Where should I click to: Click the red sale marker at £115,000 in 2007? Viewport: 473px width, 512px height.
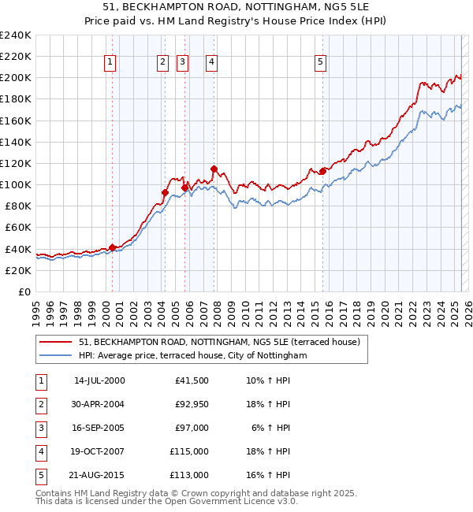pos(214,169)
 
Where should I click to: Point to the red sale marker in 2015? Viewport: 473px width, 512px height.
pos(322,171)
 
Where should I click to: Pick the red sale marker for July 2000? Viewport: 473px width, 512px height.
pos(112,247)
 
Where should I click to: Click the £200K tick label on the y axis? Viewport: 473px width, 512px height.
pos(16,78)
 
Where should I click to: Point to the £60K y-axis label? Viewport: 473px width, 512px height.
pos(18,228)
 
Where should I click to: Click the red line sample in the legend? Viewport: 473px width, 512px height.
pos(56,342)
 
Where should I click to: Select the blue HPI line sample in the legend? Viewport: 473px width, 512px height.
pos(56,355)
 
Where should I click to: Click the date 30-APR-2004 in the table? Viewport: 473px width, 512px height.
pos(99,404)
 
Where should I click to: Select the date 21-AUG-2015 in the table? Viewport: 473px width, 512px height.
pos(99,475)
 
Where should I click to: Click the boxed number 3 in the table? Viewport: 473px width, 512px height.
pos(39,428)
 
